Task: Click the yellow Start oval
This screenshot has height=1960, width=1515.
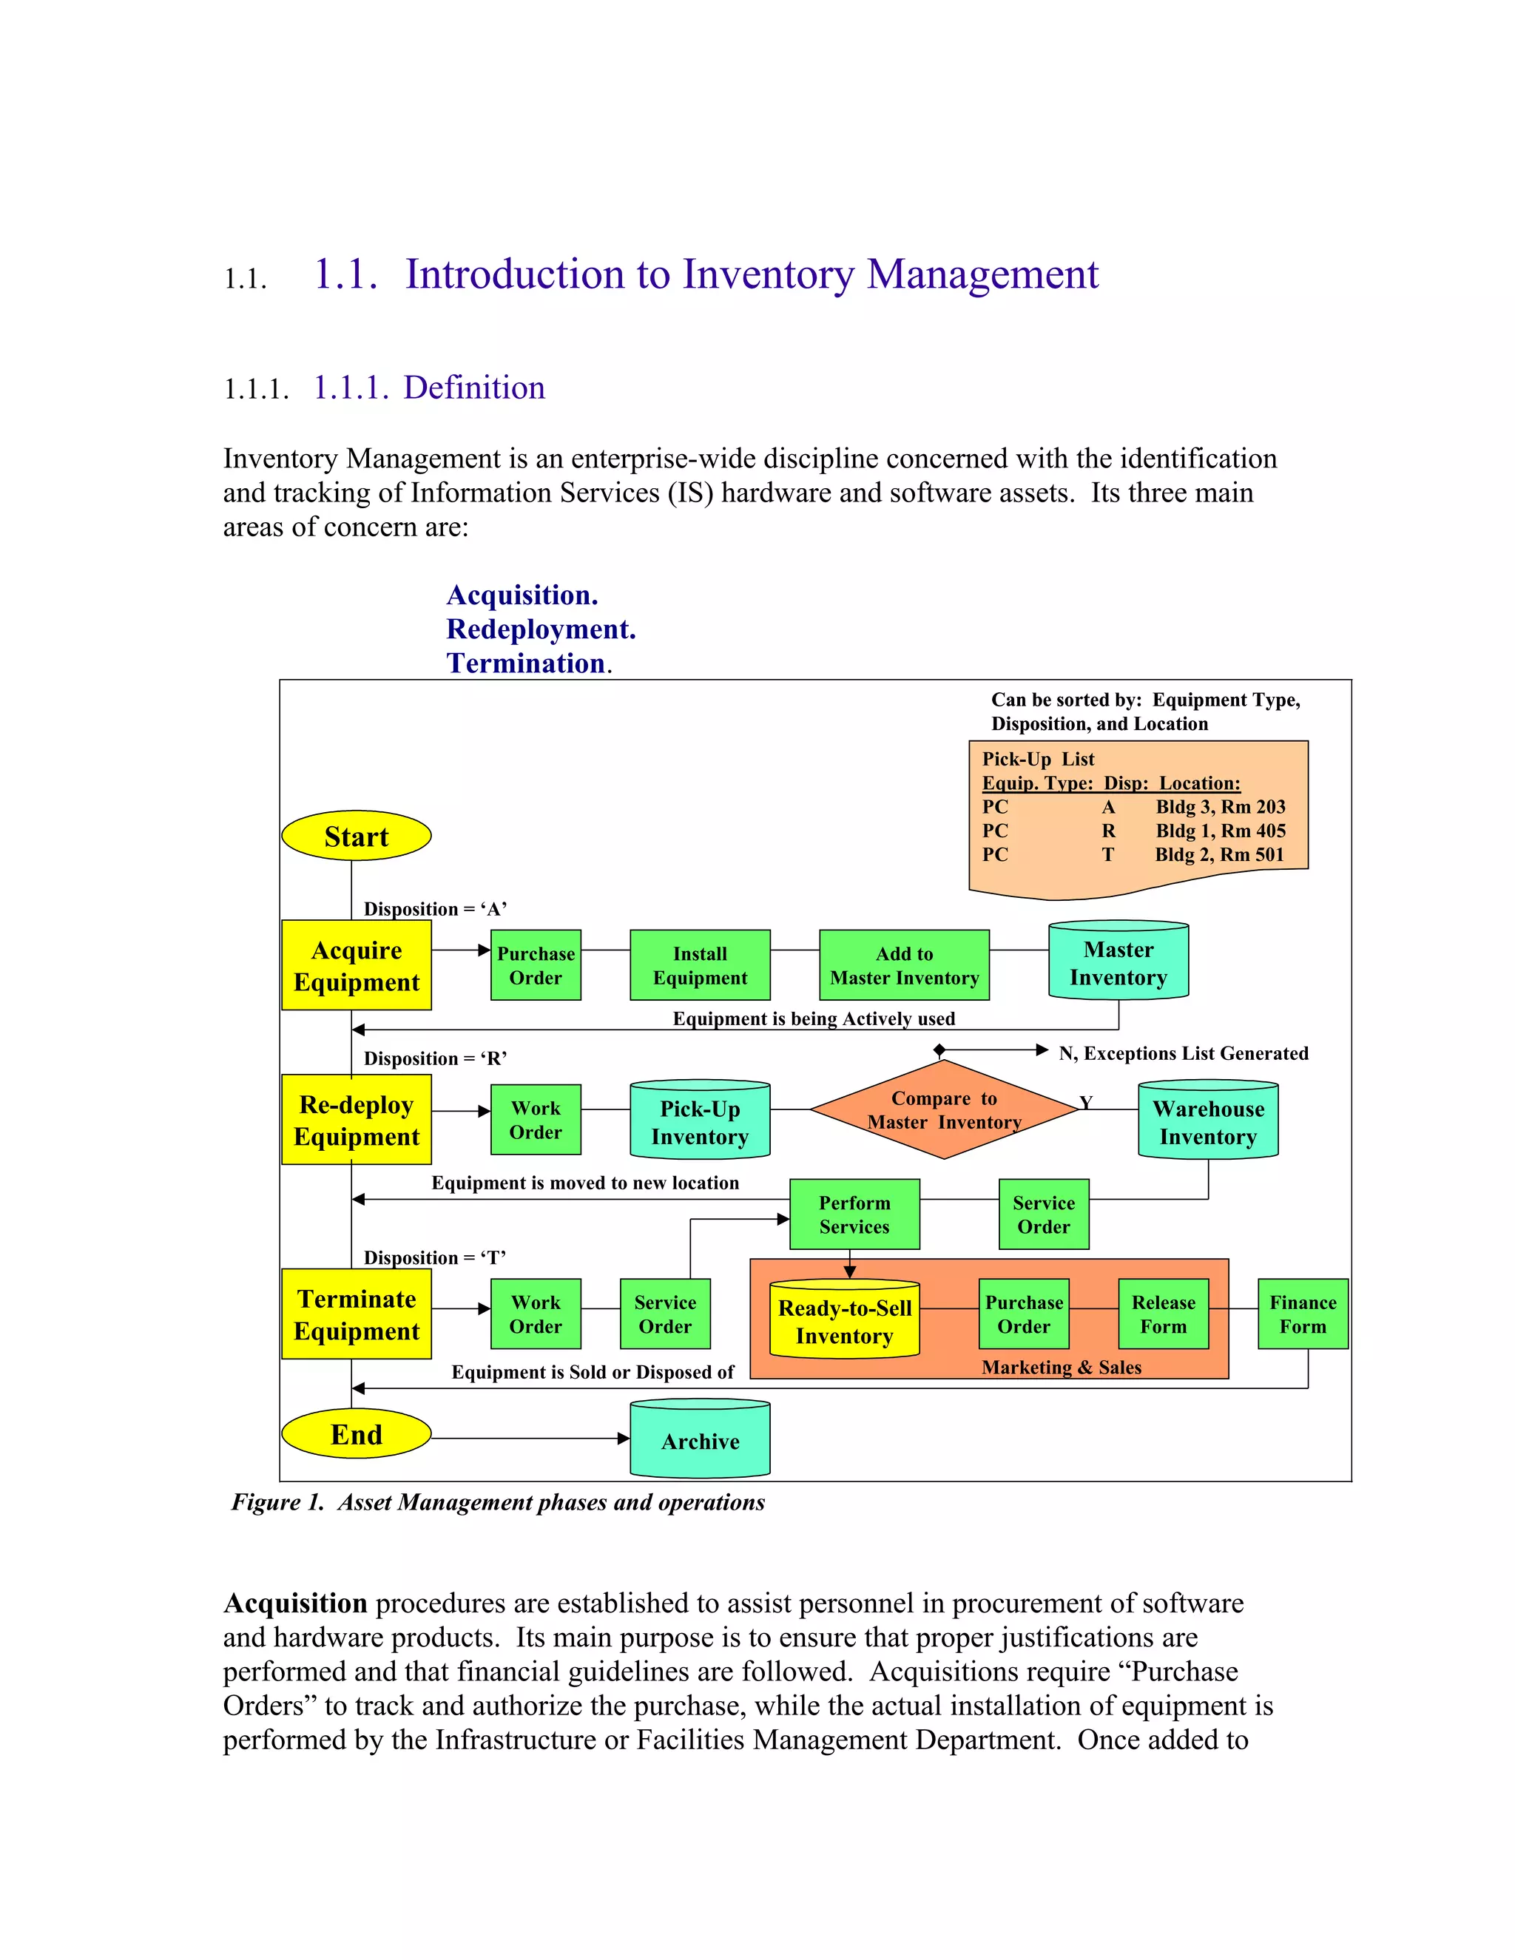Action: point(357,836)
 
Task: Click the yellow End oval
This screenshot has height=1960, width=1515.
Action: point(357,1434)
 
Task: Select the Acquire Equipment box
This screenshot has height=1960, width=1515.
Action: point(357,966)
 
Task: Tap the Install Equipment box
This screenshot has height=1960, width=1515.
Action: point(699,966)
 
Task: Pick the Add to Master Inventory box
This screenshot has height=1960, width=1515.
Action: point(904,966)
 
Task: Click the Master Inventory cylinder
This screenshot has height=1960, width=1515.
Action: point(1118,962)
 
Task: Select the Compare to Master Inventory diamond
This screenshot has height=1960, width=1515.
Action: point(943,1110)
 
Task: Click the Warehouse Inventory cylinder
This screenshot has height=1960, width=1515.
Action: point(1208,1122)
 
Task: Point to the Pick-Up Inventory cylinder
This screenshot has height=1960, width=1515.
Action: point(699,1122)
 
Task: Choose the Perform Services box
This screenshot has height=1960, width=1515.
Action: point(854,1214)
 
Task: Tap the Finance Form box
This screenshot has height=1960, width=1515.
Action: point(1302,1314)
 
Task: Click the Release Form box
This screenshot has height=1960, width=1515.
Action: point(1163,1314)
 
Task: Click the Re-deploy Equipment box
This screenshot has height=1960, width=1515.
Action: point(357,1120)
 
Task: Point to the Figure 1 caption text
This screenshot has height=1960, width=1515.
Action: point(498,1502)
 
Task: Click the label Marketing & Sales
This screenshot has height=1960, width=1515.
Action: point(1061,1367)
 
